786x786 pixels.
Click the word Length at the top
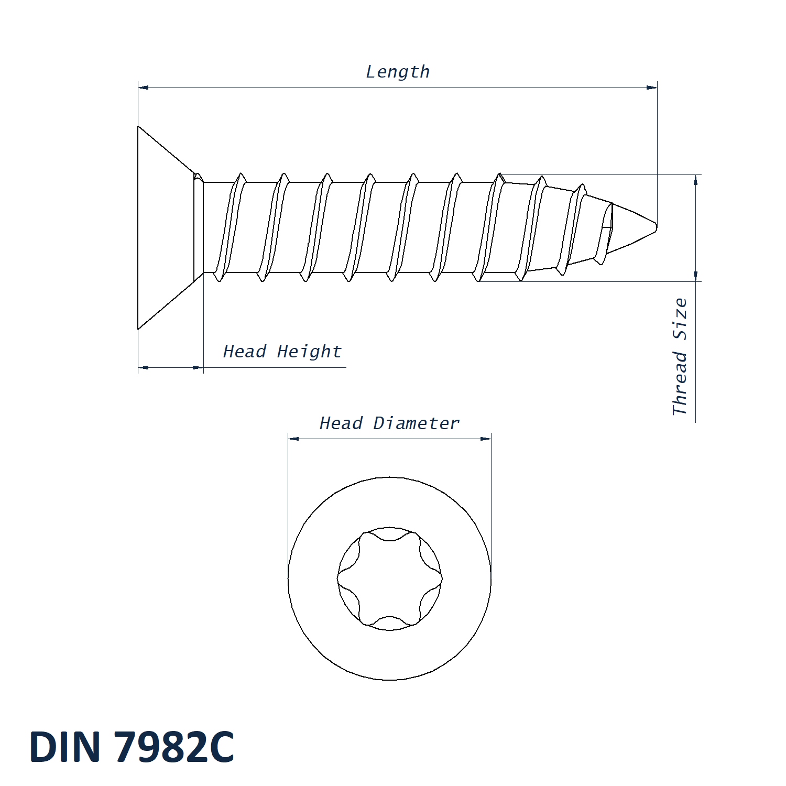(398, 72)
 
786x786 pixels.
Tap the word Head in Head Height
(244, 351)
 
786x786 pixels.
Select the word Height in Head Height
(309, 352)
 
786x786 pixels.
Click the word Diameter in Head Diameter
(416, 423)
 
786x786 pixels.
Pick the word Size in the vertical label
(680, 319)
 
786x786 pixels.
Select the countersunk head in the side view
(170, 227)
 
